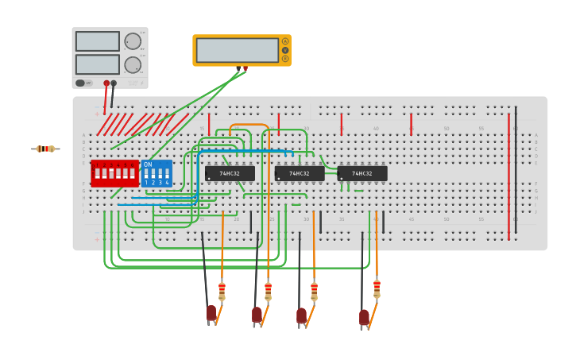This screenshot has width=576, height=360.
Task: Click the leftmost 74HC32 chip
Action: pos(230,173)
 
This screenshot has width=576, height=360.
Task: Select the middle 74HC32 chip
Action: pos(300,173)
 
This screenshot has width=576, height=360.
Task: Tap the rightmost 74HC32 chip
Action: pos(362,173)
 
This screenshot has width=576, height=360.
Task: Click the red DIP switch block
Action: pos(114,172)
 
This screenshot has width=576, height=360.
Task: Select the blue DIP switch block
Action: pos(157,173)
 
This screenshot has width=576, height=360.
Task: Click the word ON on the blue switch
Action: pos(148,165)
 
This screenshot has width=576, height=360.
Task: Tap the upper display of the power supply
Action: pos(98,41)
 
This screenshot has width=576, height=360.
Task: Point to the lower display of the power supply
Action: pos(98,64)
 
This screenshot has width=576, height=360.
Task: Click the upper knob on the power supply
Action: pos(133,41)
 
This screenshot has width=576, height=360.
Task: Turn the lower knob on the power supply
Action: pos(133,64)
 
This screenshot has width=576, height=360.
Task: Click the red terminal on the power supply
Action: pos(106,83)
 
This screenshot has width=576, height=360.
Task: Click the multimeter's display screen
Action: pos(237,50)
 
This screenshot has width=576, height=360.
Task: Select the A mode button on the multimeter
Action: pos(285,41)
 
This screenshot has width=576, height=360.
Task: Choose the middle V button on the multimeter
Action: pos(285,50)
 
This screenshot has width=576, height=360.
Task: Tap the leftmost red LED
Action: pos(211,313)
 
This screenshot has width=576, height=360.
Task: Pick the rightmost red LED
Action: pos(364,317)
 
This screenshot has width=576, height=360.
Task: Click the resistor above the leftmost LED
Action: pos(222,291)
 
